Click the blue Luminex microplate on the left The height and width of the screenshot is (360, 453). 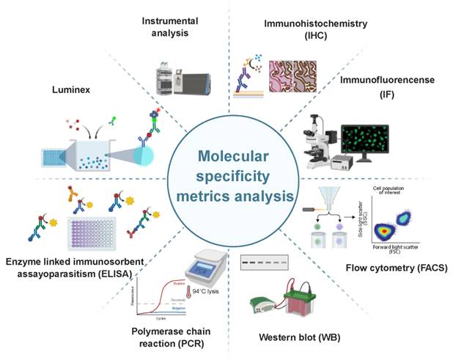pos(54,157)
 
